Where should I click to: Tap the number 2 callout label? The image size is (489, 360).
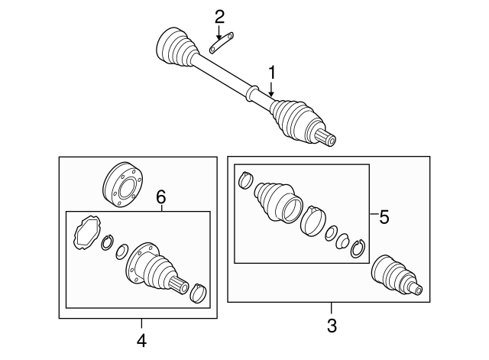click(219, 16)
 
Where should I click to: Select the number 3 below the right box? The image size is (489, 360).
click(331, 326)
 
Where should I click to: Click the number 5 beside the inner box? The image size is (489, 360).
click(384, 217)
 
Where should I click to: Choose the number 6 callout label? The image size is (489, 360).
click(160, 197)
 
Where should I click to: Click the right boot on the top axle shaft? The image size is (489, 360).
click(294, 120)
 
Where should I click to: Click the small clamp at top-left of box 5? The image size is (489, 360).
click(245, 181)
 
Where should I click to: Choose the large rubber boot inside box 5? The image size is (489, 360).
click(276, 203)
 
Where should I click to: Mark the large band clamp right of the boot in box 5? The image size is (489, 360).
click(313, 220)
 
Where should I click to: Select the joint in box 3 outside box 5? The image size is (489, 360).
click(395, 276)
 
